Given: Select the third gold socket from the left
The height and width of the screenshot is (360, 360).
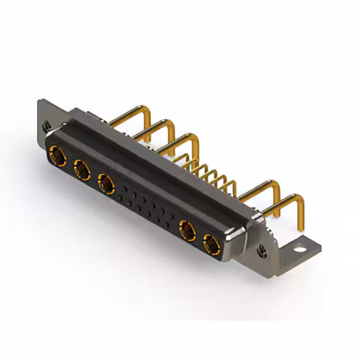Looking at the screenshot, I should point(106,182).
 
